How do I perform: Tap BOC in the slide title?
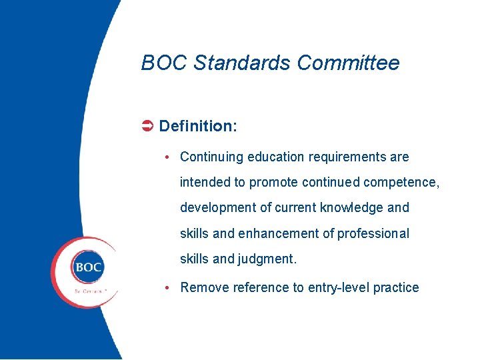[x=165, y=63]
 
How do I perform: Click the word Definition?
[x=199, y=126]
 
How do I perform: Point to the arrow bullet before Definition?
[x=149, y=126]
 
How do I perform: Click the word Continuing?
[x=211, y=157]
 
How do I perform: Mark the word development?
[x=217, y=208]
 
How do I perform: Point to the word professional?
[x=373, y=233]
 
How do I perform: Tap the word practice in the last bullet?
[x=397, y=288]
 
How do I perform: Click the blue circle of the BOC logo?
[x=89, y=268]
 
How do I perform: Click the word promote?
[x=271, y=183]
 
